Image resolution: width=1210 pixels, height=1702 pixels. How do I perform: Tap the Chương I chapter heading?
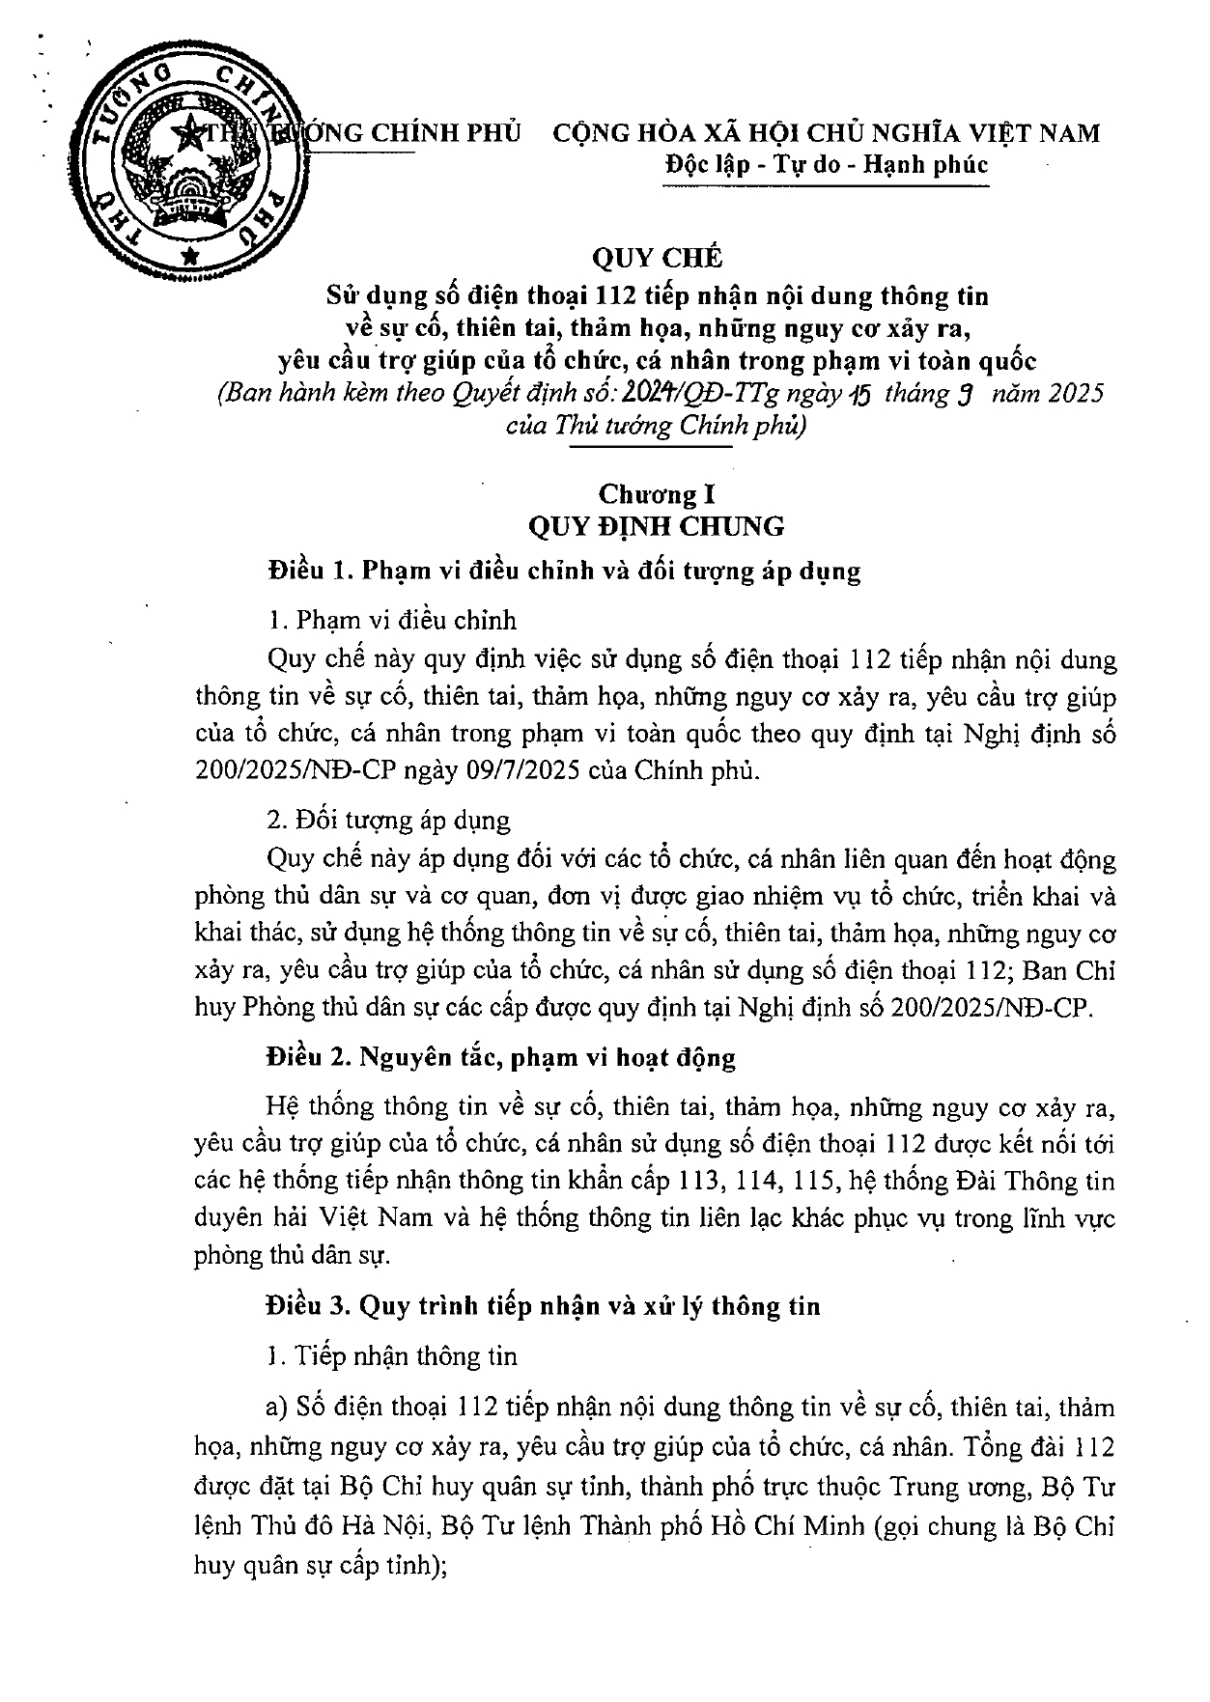661,494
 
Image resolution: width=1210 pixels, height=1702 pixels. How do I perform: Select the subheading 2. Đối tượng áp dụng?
388,821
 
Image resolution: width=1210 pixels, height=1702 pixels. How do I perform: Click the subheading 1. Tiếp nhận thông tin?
391,1355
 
